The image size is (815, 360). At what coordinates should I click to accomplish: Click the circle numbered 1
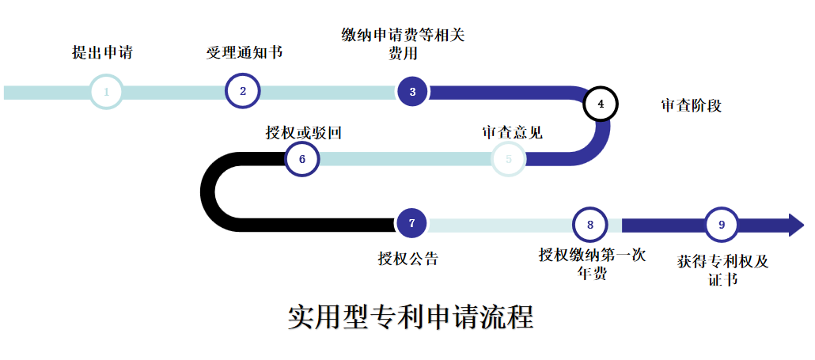point(106,92)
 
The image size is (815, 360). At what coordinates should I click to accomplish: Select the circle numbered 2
point(243,91)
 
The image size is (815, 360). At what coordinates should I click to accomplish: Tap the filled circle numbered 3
point(412,92)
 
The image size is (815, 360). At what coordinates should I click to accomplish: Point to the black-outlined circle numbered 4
point(601,104)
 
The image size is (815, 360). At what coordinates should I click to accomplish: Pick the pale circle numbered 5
point(509,158)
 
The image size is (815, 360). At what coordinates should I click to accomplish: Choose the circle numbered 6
point(302,158)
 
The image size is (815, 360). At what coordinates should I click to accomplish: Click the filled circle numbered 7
point(411,223)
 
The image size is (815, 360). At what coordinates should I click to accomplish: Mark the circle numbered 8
point(589,225)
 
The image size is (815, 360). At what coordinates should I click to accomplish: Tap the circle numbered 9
point(722,225)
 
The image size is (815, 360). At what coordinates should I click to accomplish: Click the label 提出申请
point(102,53)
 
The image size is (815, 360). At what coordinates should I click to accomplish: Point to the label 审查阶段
point(691,105)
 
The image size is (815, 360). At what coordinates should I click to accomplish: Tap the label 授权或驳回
point(303,132)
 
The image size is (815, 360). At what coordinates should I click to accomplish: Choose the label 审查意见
point(512,132)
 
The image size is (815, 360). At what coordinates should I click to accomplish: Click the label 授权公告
point(408,258)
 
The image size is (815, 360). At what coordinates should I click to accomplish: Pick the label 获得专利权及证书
point(722,269)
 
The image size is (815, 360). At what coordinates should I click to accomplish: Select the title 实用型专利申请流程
point(410,316)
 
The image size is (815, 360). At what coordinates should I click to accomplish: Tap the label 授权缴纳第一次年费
point(592,264)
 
